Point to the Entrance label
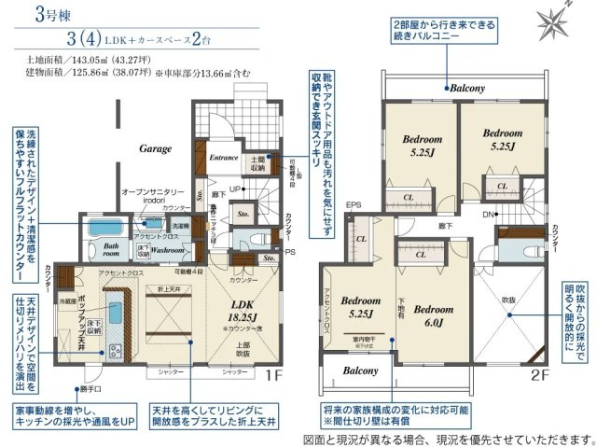[x=224, y=159]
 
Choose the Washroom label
[x=168, y=250]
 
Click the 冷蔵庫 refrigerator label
[x=66, y=300]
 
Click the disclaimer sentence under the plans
[x=449, y=437]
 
